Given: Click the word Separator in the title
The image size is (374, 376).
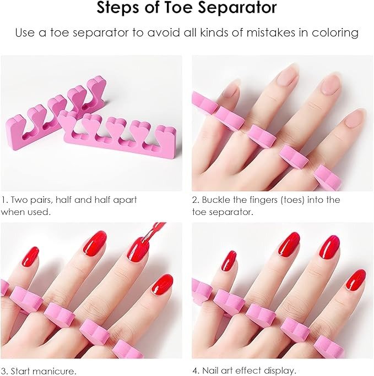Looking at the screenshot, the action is click(237, 8).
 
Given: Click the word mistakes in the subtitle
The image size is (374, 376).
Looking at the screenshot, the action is click(271, 32).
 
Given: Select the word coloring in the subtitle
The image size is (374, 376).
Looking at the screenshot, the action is click(335, 33).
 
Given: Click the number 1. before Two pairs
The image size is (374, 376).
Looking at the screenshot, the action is click(4, 200).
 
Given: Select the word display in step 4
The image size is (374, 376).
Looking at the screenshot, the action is click(279, 371).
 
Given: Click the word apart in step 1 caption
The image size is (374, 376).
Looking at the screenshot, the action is click(125, 200).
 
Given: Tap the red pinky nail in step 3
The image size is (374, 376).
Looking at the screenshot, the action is click(30, 257).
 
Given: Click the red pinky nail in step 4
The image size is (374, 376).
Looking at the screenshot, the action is click(229, 261).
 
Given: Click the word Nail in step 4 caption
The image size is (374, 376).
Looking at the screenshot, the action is click(210, 371).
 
